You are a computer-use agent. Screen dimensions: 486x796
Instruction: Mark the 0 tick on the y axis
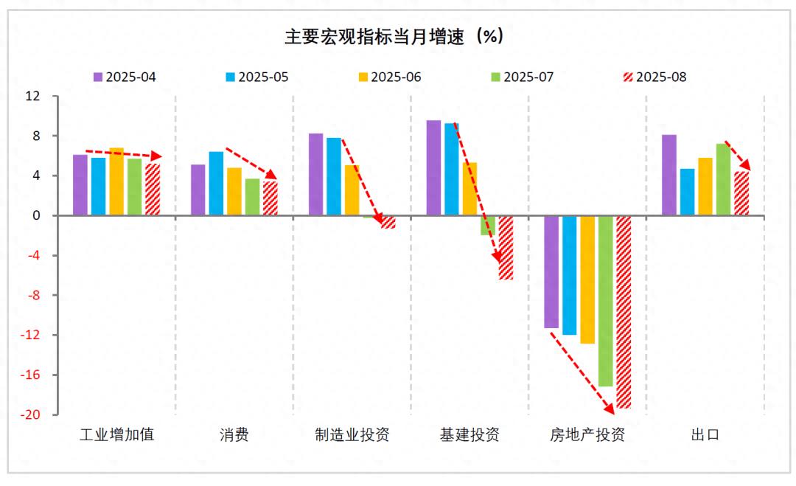[x=35, y=216]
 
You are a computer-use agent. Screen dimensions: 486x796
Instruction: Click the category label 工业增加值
[x=116, y=434]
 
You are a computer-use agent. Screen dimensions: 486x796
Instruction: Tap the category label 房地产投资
[x=587, y=434]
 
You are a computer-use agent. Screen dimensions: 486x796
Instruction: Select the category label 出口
[x=705, y=434]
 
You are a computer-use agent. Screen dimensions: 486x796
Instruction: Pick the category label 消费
[x=234, y=434]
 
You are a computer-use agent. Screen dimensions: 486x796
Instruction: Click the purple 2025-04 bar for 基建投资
[x=433, y=168]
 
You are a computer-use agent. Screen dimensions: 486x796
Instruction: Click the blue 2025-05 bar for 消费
[x=216, y=184]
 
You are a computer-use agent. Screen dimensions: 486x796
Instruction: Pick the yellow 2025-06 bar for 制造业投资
[x=352, y=190]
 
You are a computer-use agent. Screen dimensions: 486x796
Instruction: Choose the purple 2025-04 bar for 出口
[x=668, y=176]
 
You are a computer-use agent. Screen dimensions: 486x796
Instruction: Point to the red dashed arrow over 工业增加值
[x=122, y=153]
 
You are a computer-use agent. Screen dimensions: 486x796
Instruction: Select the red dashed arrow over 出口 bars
[x=737, y=154]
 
